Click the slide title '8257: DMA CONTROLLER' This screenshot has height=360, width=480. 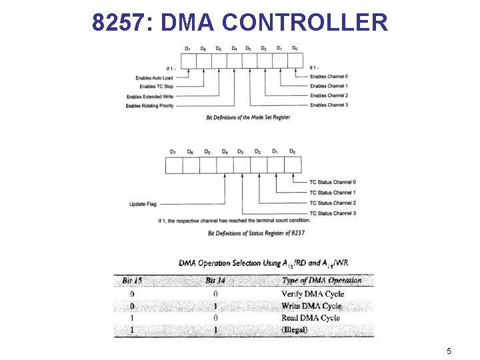tap(240, 22)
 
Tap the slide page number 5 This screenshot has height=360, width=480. tap(449, 351)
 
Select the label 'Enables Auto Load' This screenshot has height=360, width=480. tap(155, 78)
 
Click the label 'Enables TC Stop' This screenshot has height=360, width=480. tap(157, 87)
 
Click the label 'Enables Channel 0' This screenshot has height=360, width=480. tap(329, 77)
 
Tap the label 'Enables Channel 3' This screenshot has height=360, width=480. tap(329, 105)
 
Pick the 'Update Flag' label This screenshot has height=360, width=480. tap(143, 204)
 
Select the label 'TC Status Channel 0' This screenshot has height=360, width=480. tap(332, 182)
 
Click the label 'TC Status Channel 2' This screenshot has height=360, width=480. tap(332, 203)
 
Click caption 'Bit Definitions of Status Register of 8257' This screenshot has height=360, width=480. tap(257, 233)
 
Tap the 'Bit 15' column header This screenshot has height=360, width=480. tap(132, 281)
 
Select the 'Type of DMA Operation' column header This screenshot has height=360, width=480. tap(321, 281)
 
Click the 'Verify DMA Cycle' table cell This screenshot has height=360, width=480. tap(313, 294)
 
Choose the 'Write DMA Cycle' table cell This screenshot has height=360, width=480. tap(311, 306)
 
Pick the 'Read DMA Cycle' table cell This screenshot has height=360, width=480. tap(311, 318)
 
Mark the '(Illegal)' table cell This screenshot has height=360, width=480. tap(295, 330)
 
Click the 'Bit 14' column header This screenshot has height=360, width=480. tap(215, 281)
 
